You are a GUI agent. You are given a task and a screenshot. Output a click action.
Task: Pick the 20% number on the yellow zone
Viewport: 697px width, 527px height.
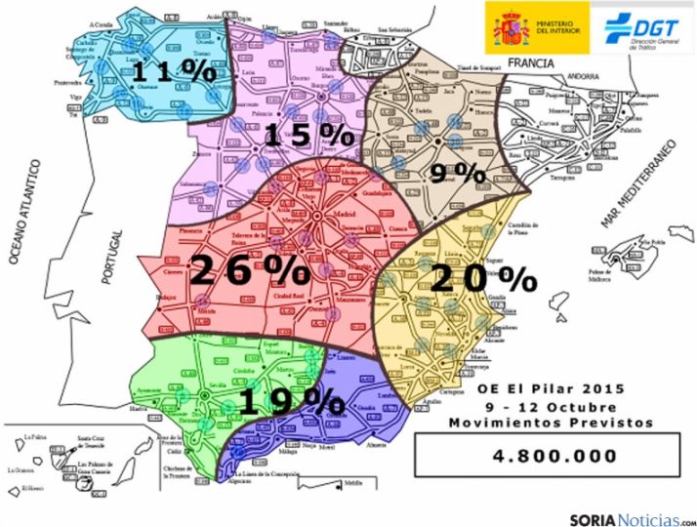(483, 279)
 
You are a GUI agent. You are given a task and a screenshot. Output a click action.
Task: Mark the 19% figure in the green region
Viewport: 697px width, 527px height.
(290, 400)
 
